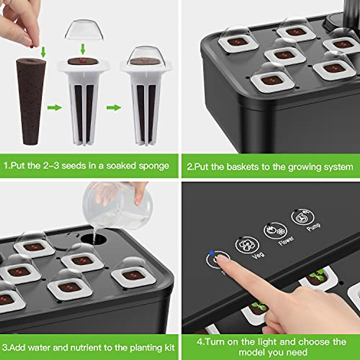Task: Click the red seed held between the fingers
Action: tap(32, 45)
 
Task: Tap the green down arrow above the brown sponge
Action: tap(43, 52)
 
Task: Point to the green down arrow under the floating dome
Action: tap(83, 49)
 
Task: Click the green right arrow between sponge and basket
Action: tap(54, 108)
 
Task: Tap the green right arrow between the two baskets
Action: tap(114, 108)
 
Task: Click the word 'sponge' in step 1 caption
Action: tap(154, 166)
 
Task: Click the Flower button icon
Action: tap(275, 231)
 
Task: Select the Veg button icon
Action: tap(247, 245)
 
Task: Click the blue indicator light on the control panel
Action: tap(212, 253)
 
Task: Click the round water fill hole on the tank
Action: tap(94, 239)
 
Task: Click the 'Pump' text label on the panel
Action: tap(313, 227)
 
